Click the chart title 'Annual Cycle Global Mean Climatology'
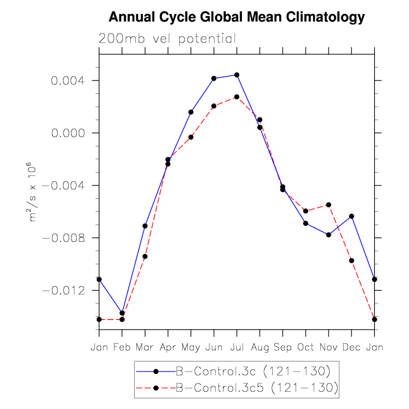[236, 17]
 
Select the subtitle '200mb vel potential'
[167, 39]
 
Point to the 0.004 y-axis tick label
[68, 80]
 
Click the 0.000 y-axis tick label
[68, 133]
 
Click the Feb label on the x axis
[122, 347]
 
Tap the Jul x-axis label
[237, 347]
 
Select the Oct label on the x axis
[306, 347]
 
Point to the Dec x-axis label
[351, 347]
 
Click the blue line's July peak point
[237, 75]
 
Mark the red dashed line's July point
[237, 97]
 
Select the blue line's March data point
[145, 226]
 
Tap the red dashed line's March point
[145, 256]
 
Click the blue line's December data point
[351, 216]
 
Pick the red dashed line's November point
[329, 205]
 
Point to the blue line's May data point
[191, 112]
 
